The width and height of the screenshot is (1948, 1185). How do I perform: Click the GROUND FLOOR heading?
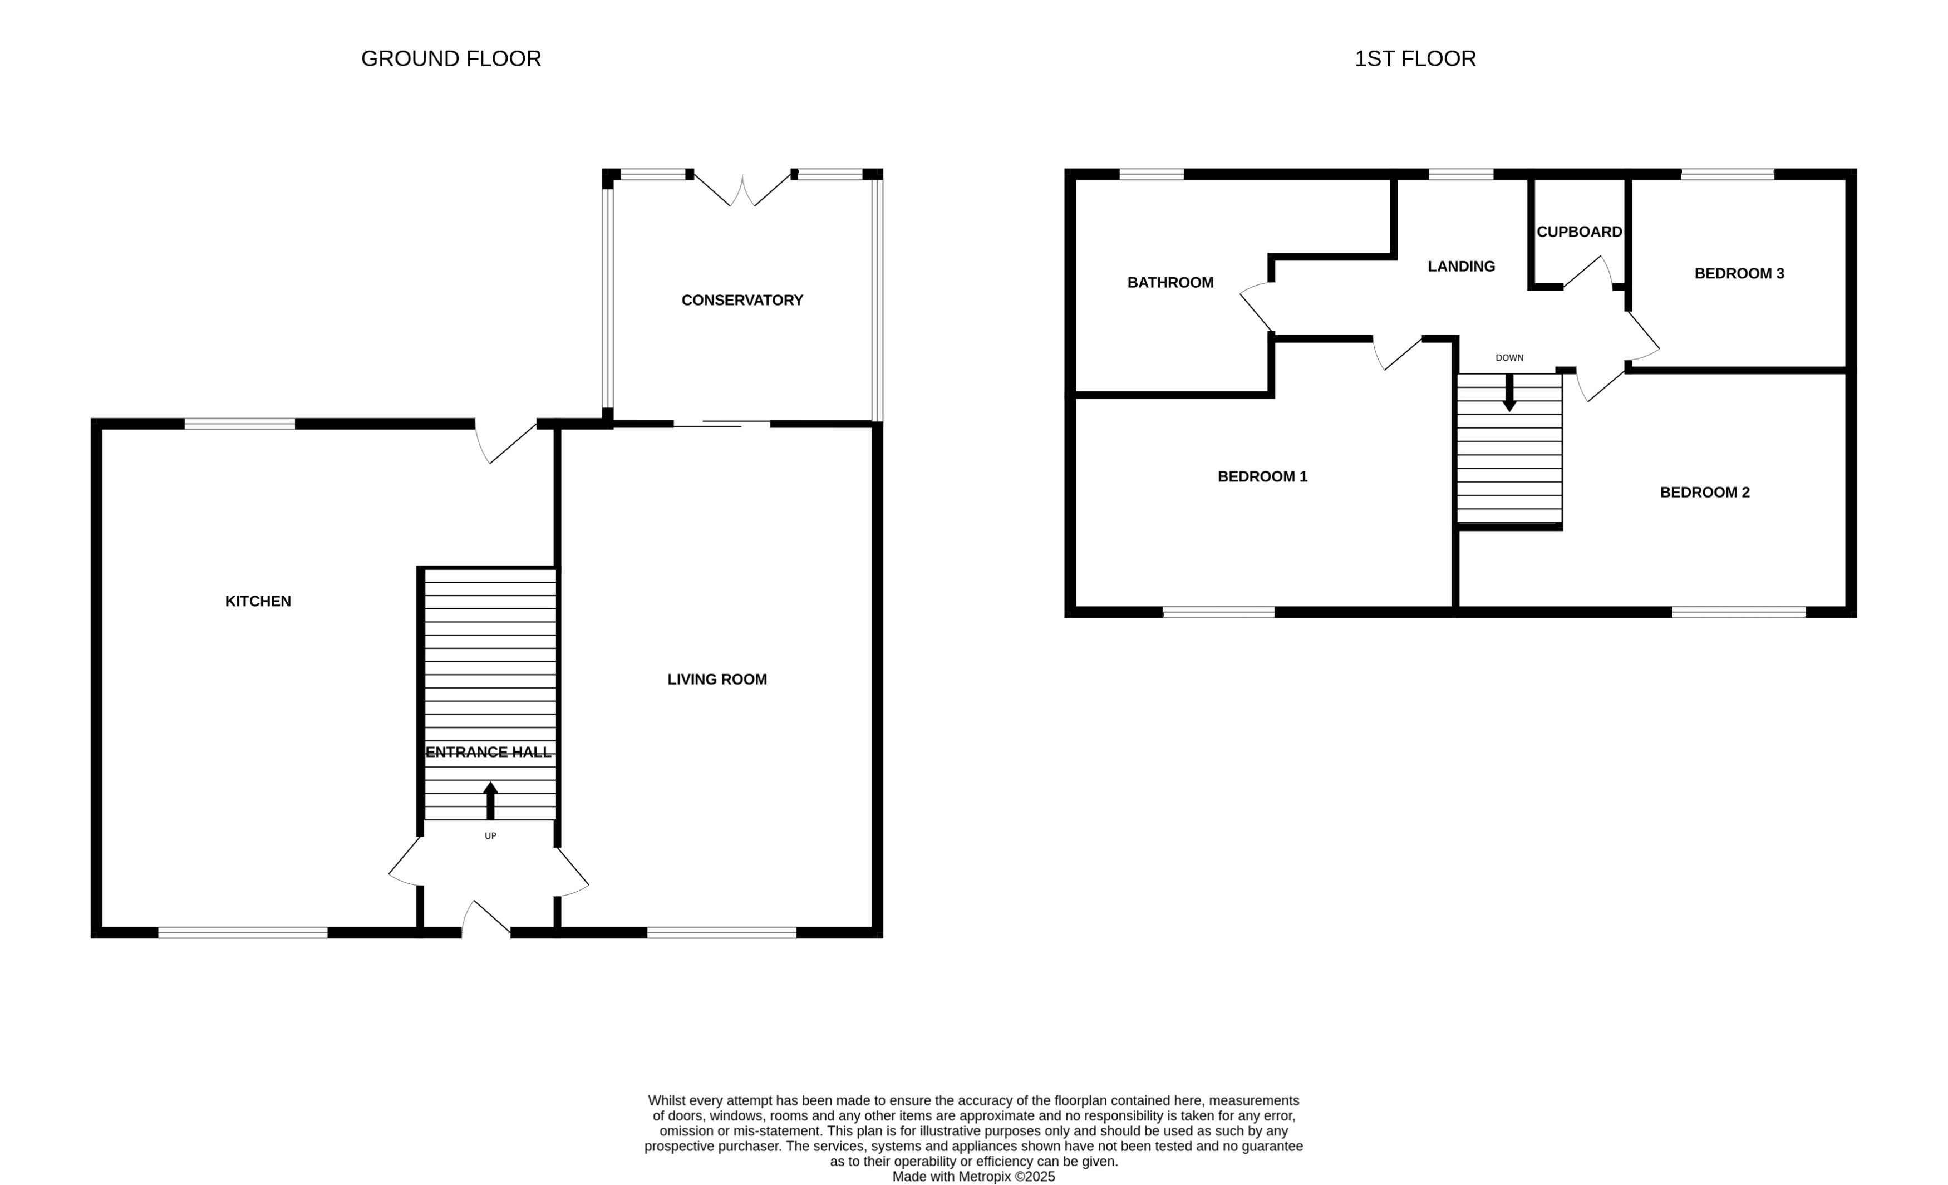(451, 58)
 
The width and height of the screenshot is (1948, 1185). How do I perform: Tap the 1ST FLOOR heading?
(1415, 58)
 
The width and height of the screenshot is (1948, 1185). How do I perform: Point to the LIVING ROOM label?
(717, 679)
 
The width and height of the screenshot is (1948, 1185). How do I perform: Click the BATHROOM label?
(1170, 283)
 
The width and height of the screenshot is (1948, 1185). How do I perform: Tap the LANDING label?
(1461, 267)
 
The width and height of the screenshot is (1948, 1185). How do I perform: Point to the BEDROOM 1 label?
(1262, 476)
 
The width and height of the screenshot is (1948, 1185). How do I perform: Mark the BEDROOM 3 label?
(1739, 273)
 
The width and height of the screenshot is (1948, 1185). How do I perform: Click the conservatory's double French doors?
(741, 190)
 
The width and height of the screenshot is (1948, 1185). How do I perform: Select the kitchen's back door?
(506, 442)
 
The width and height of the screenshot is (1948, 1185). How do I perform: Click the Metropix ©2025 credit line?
(973, 1176)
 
